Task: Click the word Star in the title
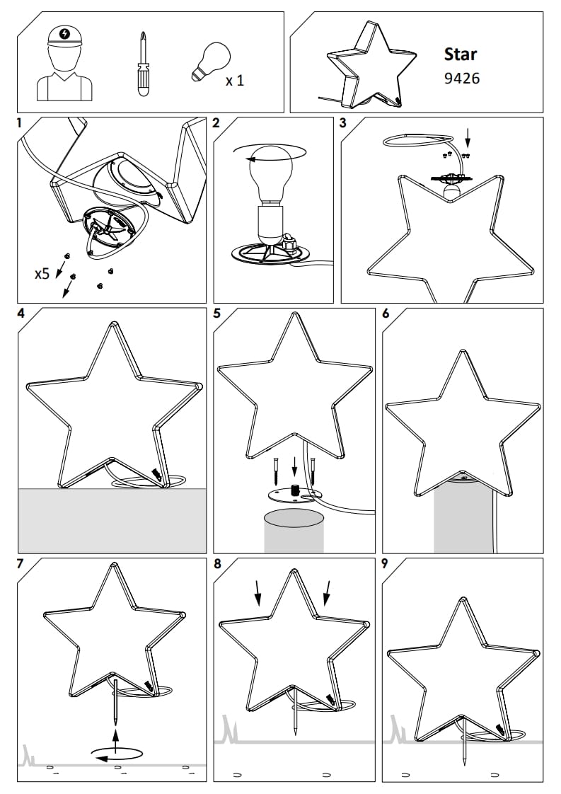click(x=461, y=54)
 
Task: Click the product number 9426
click(x=461, y=79)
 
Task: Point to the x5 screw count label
click(x=42, y=274)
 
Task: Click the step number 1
click(x=20, y=123)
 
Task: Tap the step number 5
click(x=216, y=313)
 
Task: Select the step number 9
click(x=386, y=563)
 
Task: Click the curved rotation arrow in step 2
click(x=270, y=153)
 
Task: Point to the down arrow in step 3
click(x=468, y=136)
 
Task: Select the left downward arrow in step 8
click(x=258, y=592)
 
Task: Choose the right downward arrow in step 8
click(x=327, y=592)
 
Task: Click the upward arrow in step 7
click(x=115, y=740)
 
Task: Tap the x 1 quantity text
click(x=234, y=81)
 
